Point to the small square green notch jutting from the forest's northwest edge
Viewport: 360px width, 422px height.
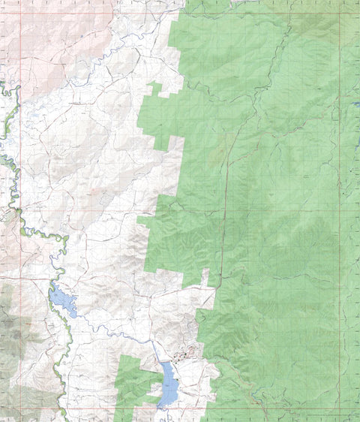click(x=155, y=89)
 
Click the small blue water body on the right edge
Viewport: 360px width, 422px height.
click(x=356, y=104)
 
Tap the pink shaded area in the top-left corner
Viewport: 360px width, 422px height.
click(x=37, y=30)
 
